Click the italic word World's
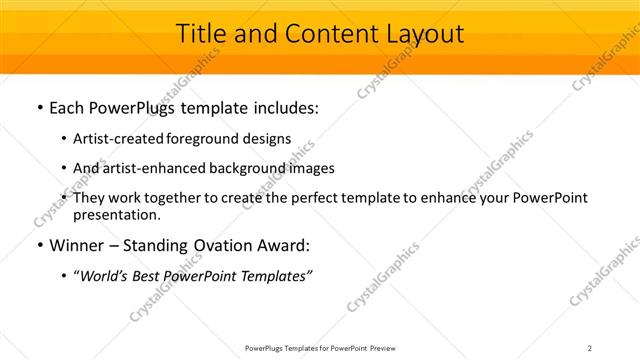pyautogui.click(x=106, y=277)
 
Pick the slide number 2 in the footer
pyautogui.click(x=590, y=348)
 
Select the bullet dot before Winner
pyautogui.click(x=39, y=246)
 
